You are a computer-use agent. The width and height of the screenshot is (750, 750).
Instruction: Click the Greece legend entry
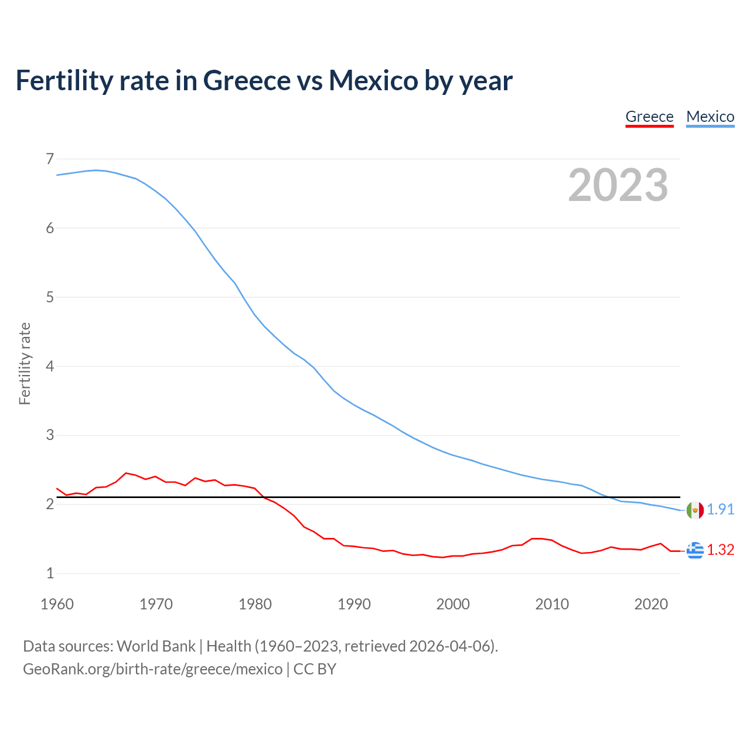tap(649, 117)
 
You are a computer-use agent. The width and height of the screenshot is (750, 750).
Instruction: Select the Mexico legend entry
tap(710, 117)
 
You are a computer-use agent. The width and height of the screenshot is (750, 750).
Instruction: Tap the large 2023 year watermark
tap(618, 185)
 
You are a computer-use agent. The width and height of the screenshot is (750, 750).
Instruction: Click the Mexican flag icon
tap(695, 510)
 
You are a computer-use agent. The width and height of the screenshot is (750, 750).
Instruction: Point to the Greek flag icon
tap(695, 550)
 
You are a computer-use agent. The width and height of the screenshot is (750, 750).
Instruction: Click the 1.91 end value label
tap(720, 510)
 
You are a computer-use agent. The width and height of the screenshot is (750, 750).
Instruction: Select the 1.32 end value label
tap(720, 550)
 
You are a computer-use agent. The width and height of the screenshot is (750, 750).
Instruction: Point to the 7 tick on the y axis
tap(50, 159)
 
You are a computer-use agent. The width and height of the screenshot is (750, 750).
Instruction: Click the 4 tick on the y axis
tap(50, 366)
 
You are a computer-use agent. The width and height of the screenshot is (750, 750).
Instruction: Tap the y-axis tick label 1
tap(50, 574)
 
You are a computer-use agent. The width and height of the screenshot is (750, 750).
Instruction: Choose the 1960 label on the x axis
tap(57, 604)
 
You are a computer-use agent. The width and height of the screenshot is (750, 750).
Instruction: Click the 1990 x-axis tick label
tap(354, 604)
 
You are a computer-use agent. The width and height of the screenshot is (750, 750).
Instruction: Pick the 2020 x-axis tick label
tap(651, 604)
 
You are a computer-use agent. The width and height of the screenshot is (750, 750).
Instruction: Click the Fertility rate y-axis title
tap(25, 363)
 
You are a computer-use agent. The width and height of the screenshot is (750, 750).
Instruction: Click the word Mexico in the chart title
tap(373, 80)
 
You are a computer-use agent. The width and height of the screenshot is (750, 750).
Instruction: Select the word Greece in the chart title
tap(247, 80)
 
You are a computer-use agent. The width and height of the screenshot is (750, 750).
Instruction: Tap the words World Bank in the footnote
tap(156, 646)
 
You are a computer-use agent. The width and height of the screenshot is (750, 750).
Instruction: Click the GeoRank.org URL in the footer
tap(152, 669)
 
